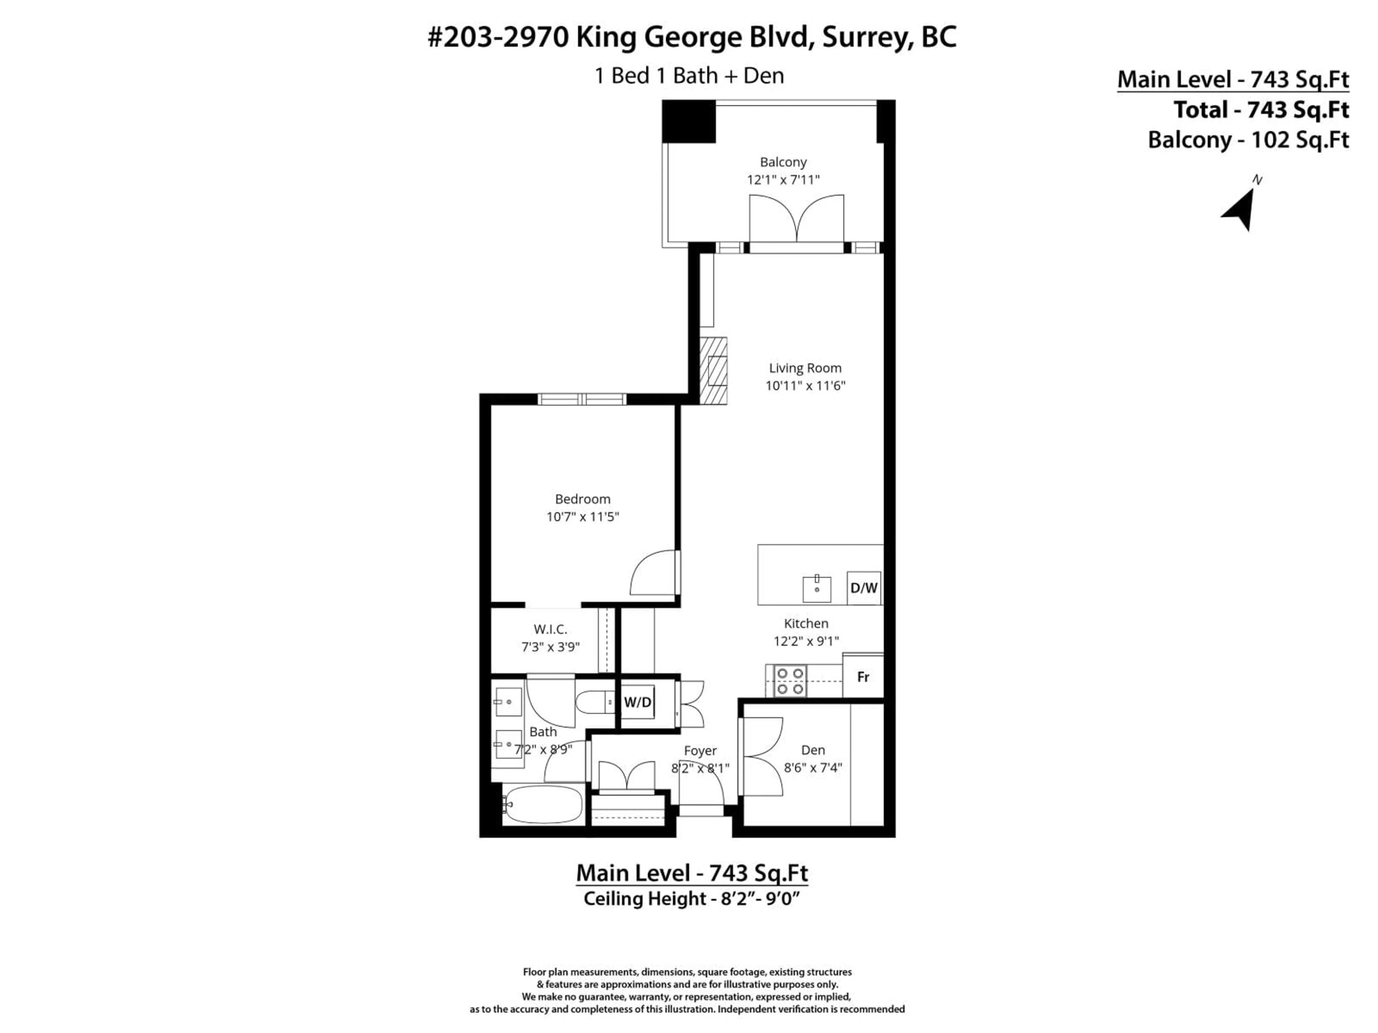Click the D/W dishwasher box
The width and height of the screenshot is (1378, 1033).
click(x=863, y=588)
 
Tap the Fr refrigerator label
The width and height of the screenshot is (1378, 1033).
click(x=863, y=677)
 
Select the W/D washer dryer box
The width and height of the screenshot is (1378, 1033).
click(x=637, y=702)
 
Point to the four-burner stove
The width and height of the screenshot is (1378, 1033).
click(x=790, y=681)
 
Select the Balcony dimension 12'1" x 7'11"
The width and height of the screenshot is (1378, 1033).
click(x=783, y=180)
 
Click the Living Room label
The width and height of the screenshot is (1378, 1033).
click(x=805, y=368)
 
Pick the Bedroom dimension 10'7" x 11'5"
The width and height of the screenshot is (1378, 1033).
click(x=582, y=517)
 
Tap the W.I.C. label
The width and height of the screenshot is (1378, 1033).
click(x=550, y=629)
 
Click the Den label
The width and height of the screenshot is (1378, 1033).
click(x=813, y=750)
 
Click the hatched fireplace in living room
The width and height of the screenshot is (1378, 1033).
click(x=713, y=371)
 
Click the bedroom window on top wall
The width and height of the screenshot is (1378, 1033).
click(x=582, y=399)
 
